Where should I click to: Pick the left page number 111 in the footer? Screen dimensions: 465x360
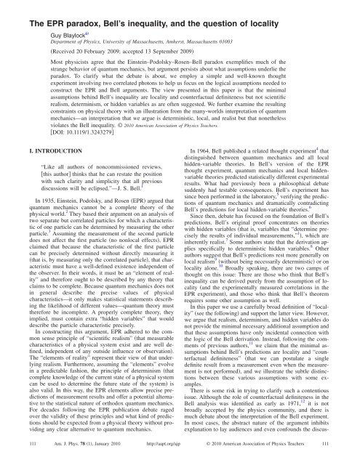[13, 458]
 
